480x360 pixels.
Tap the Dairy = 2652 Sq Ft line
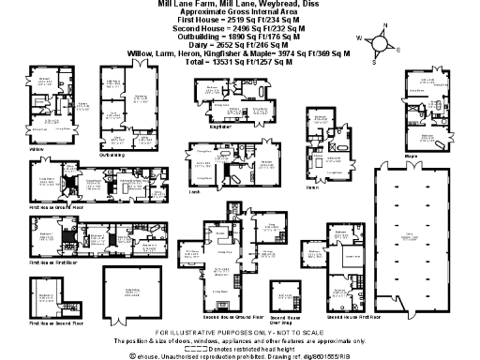(239, 46)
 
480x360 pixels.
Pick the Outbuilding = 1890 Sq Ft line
(239, 37)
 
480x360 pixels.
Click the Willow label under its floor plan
(37, 149)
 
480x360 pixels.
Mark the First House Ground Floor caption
(52, 204)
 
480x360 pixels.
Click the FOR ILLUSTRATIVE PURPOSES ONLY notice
(239, 334)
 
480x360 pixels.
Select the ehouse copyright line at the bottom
(239, 355)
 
